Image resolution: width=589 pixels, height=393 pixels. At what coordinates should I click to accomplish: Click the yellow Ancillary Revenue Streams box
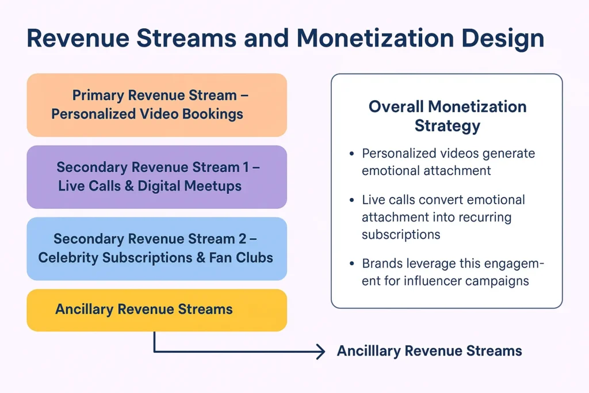(x=156, y=310)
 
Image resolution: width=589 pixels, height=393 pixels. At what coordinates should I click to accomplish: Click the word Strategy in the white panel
(x=447, y=125)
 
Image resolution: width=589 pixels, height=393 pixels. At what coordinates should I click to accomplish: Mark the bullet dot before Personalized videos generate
(x=351, y=155)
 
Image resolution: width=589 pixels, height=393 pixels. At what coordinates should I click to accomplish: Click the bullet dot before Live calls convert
(x=351, y=201)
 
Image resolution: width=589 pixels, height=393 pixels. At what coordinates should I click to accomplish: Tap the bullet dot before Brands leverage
(x=351, y=265)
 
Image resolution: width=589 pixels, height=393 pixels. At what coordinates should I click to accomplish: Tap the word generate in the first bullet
(x=508, y=154)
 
